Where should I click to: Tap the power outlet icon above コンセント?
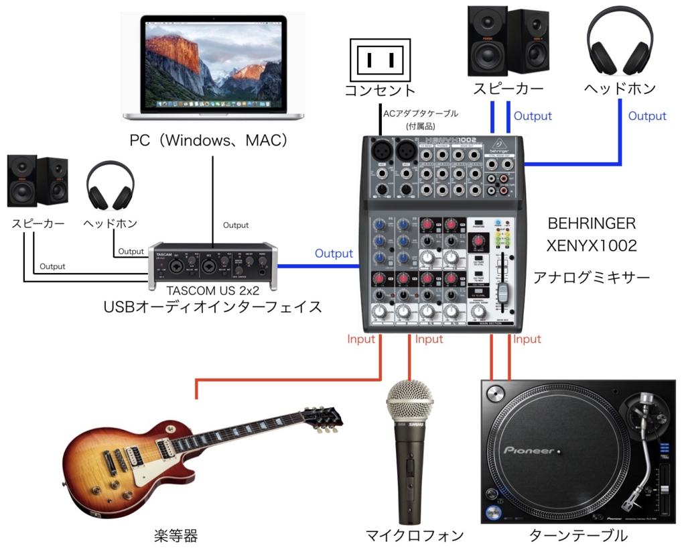pyautogui.click(x=379, y=59)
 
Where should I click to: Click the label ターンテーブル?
pyautogui.click(x=578, y=535)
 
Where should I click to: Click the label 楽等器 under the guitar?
pyautogui.click(x=175, y=535)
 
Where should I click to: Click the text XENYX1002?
pyautogui.click(x=592, y=246)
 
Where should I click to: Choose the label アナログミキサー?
pyautogui.click(x=592, y=276)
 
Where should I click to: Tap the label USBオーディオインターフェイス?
pyautogui.click(x=212, y=307)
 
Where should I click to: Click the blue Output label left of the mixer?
pyautogui.click(x=334, y=254)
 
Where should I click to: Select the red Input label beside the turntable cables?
pyautogui.click(x=527, y=339)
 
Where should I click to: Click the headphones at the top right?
pyautogui.click(x=619, y=42)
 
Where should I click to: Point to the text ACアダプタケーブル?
pyautogui.click(x=421, y=113)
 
